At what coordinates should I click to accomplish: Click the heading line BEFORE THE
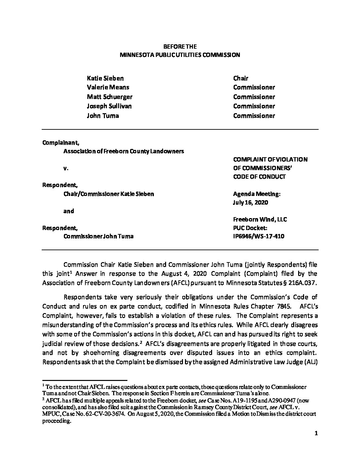[x=180, y=47]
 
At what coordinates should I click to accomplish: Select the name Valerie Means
[x=108, y=87]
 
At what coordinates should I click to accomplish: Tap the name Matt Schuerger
[x=109, y=97]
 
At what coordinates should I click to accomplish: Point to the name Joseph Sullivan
[x=109, y=106]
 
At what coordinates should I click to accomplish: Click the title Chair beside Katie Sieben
[x=241, y=78]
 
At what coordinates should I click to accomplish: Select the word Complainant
[x=61, y=143]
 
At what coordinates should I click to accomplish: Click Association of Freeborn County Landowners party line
[x=123, y=151]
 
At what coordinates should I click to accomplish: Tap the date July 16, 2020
[x=250, y=202]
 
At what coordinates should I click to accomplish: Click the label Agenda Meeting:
[x=256, y=194]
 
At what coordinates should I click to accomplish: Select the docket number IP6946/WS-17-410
[x=258, y=236]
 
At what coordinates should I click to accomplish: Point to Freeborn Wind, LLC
[x=260, y=219]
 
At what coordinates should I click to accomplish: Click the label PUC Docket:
[x=250, y=228]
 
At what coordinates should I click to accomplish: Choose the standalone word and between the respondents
[x=68, y=211]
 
